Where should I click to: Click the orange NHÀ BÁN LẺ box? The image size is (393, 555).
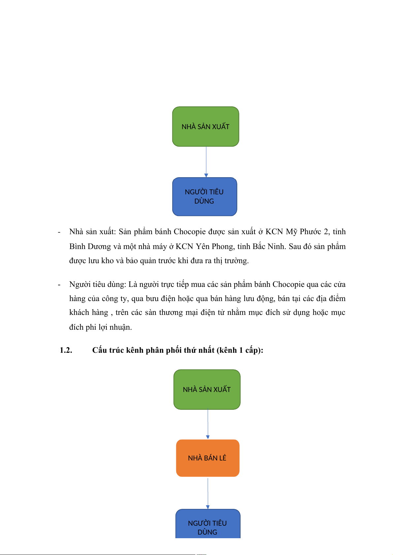(x=208, y=458)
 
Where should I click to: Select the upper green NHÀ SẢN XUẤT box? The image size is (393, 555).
(x=206, y=126)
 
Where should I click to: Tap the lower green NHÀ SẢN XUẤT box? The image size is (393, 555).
(x=207, y=389)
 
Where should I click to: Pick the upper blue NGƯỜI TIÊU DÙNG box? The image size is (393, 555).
(x=205, y=197)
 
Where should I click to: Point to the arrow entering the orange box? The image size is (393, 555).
(x=208, y=424)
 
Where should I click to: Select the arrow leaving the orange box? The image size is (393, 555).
(x=208, y=493)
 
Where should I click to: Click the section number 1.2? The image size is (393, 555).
(x=66, y=350)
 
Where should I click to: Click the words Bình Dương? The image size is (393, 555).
(x=90, y=247)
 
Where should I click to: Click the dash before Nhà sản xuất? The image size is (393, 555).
(x=59, y=232)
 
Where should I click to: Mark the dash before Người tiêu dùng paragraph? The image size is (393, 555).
(x=59, y=285)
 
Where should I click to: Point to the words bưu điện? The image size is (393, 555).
(x=161, y=299)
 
